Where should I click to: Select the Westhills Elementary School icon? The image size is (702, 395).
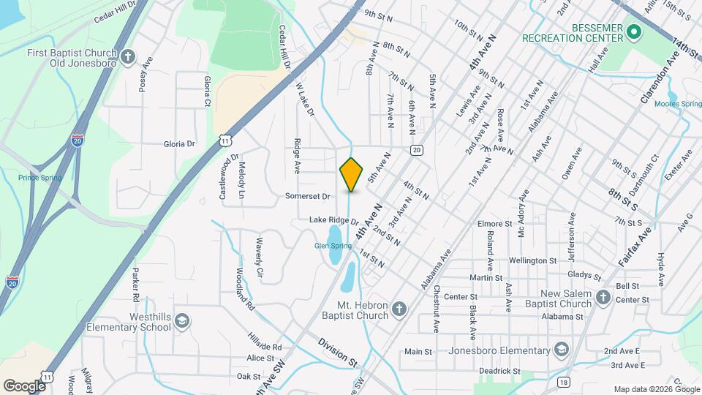pos(181,321)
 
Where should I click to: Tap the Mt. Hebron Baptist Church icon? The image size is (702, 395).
pos(399,309)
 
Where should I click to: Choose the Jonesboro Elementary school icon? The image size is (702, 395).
pos(561,348)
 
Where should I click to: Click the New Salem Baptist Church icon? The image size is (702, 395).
pos(602,297)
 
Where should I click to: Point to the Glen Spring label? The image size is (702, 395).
pos(333,246)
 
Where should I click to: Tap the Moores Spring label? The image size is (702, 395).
pos(677,104)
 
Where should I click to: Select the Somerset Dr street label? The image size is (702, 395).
pos(308,196)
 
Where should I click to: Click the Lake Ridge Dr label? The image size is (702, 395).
pos(333,220)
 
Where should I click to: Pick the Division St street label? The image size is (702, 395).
pos(337,352)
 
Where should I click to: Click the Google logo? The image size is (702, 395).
pos(24,385)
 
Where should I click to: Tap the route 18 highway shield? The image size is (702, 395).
pos(562,382)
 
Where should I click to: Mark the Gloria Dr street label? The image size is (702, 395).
pos(180,144)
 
